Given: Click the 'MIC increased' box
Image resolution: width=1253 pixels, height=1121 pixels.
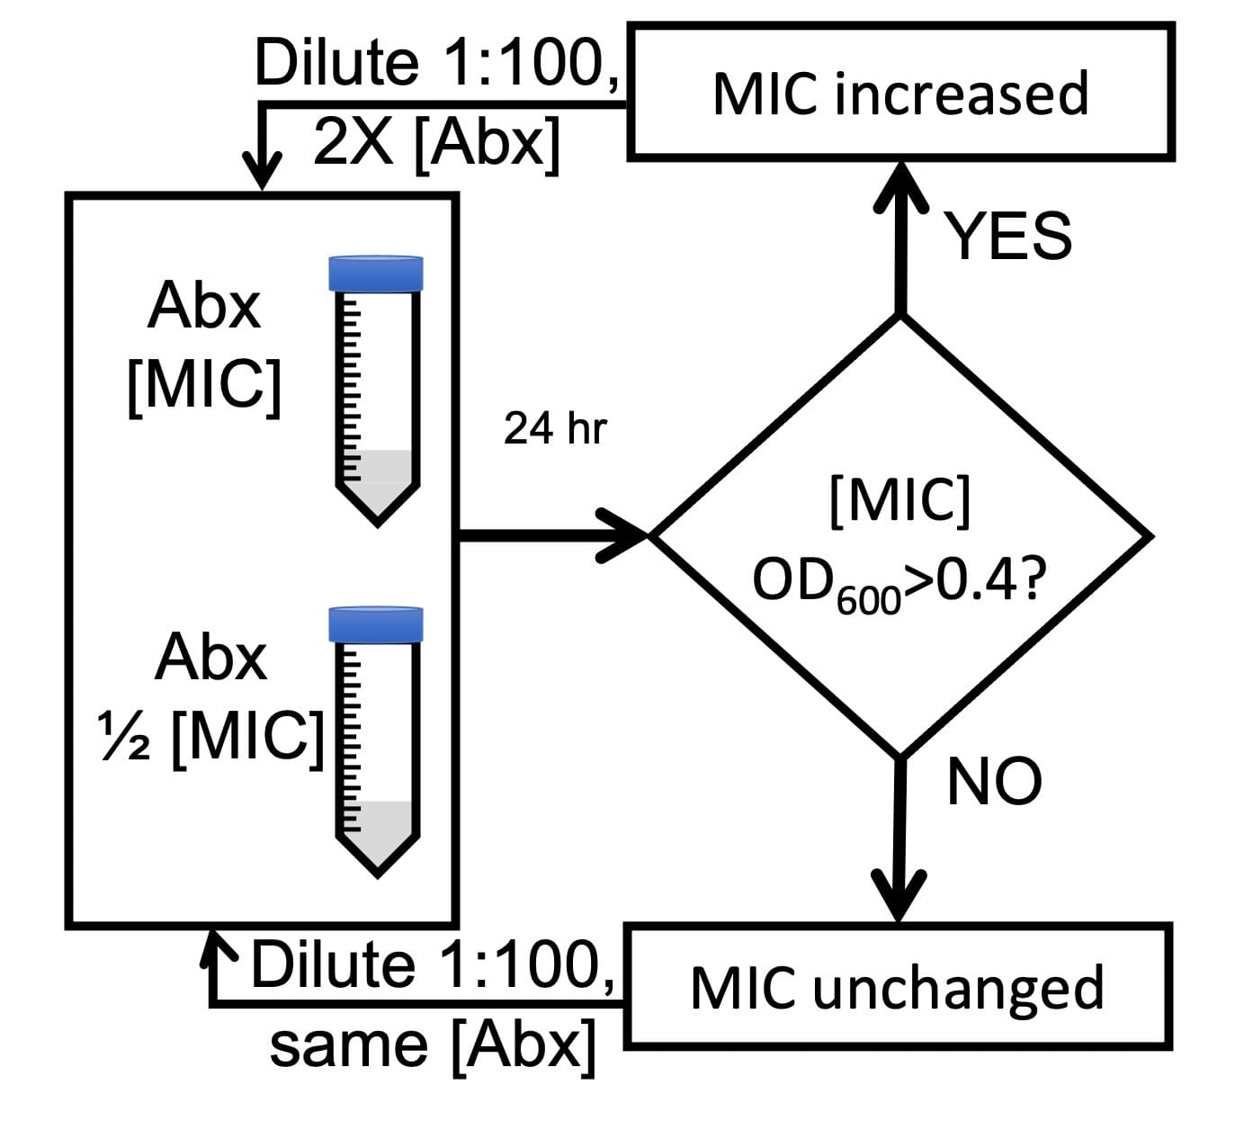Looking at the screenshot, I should pos(900,93).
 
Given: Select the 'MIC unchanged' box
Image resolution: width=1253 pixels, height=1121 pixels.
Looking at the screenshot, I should pos(898,987).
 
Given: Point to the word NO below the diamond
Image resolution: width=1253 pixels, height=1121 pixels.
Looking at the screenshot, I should pos(994,781).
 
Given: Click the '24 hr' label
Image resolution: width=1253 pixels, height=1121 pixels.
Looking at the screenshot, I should pos(555,428).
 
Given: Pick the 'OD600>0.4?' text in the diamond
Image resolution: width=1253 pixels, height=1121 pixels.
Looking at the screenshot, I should pos(899,584).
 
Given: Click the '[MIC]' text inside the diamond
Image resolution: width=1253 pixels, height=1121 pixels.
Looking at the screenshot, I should pos(899,500).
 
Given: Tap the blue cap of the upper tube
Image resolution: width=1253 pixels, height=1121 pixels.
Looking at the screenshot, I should pos(376,274).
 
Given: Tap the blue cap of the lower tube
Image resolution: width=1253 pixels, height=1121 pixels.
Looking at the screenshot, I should pos(376,624).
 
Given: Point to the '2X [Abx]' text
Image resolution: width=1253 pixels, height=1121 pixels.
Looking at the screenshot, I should pos(436,143).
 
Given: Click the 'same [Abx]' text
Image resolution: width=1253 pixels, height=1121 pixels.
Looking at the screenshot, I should pos(433,1045).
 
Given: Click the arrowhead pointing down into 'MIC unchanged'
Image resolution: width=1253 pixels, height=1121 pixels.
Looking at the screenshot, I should pos(899,895).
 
